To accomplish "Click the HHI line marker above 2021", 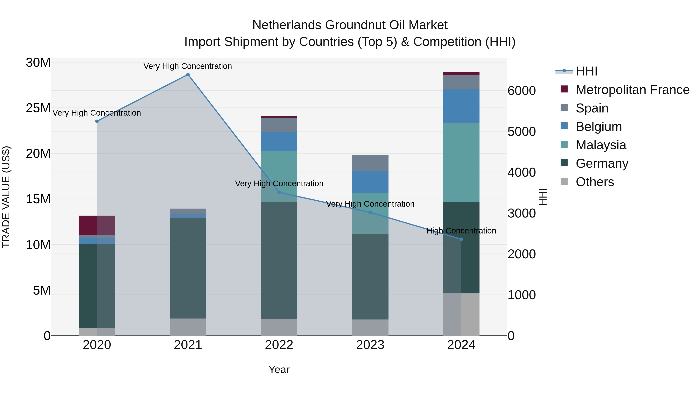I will pos(188,75).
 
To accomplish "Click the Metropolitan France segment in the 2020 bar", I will pos(97,225).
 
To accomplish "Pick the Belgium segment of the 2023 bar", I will pos(370,182).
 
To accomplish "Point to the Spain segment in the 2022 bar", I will pos(279,125).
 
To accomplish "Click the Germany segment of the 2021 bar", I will pos(188,268).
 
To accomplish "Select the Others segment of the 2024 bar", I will pos(461,314).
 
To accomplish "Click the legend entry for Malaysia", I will pos(601,145).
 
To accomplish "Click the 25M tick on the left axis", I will pos(38,108).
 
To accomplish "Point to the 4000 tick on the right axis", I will pos(521,172).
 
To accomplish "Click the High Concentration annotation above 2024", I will pos(461,231).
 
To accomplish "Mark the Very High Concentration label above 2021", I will pos(188,66).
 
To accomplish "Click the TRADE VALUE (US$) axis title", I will pos(6,197).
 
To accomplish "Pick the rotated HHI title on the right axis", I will pos(543,197).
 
